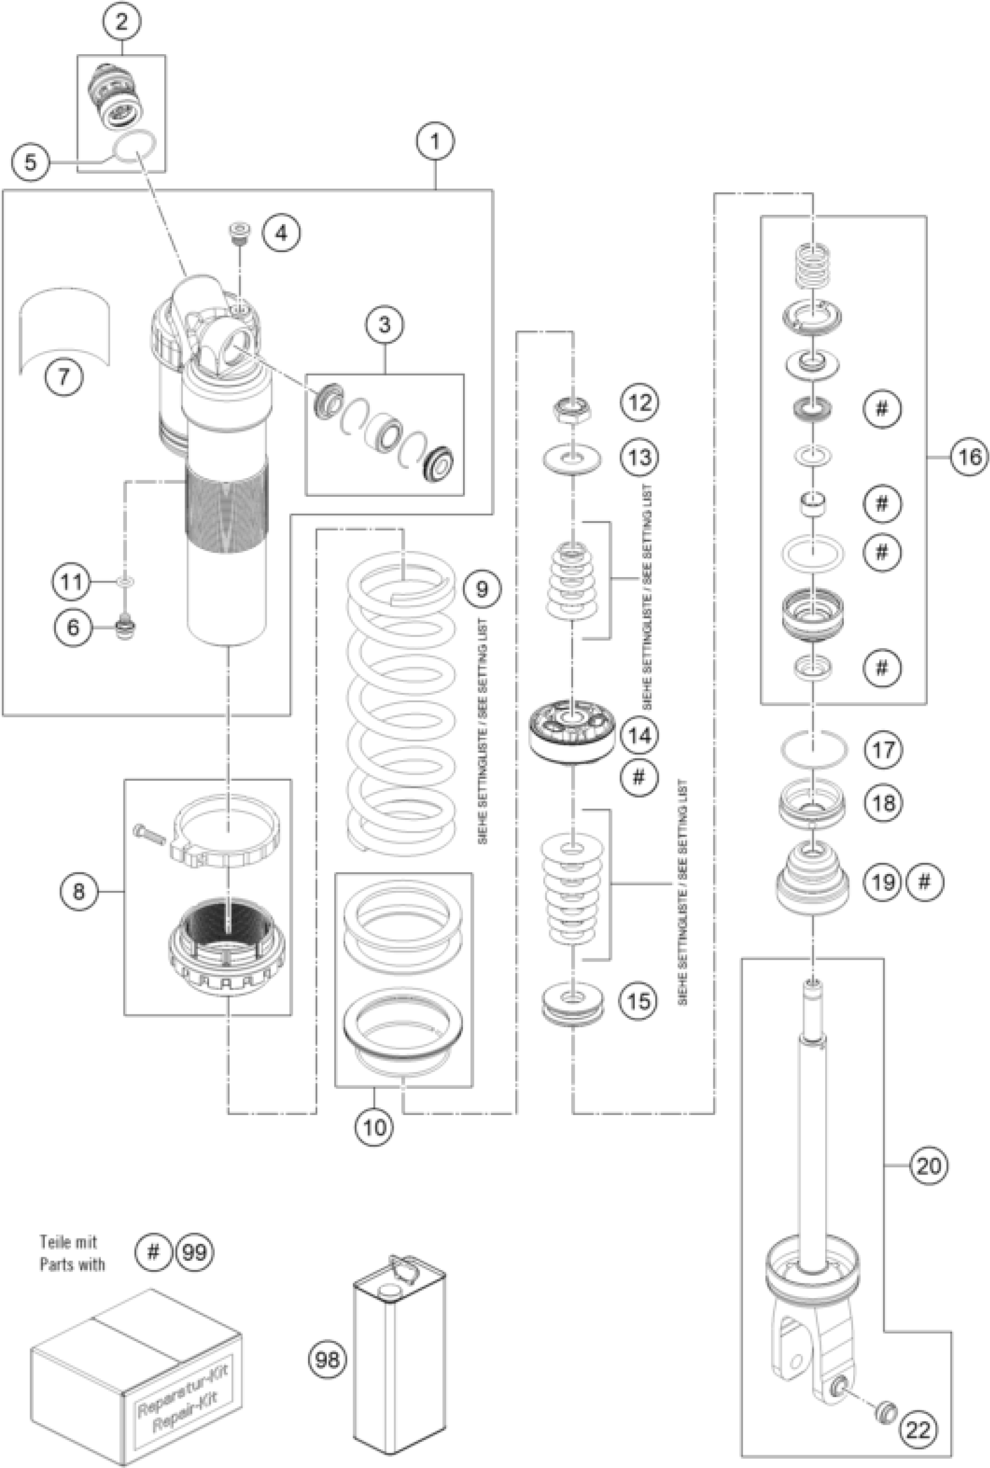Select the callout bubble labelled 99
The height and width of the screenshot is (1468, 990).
194,1251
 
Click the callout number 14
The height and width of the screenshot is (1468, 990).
639,735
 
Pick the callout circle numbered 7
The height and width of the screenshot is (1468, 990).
64,377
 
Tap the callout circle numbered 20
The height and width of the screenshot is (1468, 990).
929,1166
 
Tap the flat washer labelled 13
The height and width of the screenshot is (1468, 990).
572,458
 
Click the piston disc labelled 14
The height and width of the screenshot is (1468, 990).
572,730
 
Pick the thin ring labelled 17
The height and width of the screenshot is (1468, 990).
813,749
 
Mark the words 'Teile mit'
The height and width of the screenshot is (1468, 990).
69,1242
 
